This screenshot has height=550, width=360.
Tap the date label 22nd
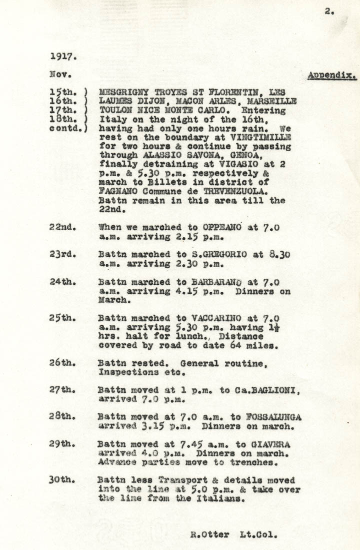(x=62, y=227)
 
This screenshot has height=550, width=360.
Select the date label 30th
(x=62, y=479)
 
